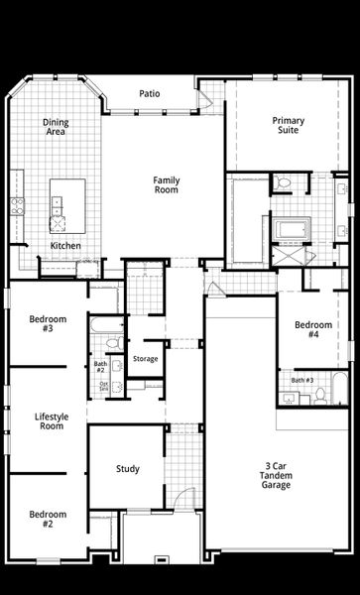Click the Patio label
149,93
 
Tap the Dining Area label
56,126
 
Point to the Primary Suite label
289,125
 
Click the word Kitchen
65,246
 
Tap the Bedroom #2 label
48,519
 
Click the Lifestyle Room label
50,420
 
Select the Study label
127,469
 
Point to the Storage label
145,358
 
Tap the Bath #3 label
302,380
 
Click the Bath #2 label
100,366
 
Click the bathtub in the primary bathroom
292,232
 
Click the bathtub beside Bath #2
102,323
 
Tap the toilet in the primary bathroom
283,182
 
